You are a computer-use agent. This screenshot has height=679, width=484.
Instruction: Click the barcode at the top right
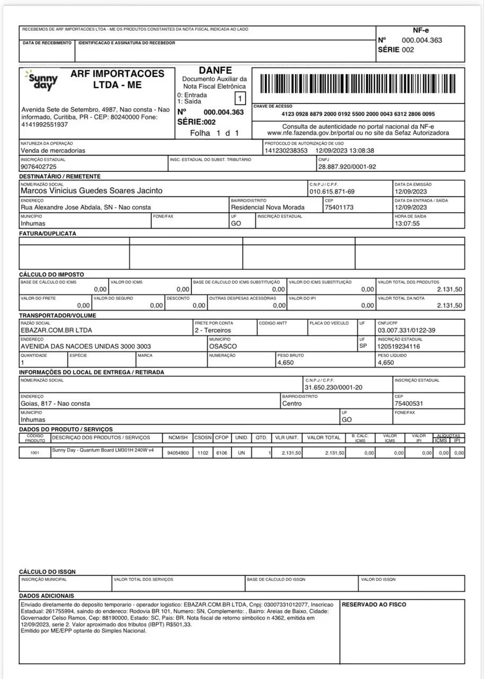(x=358, y=85)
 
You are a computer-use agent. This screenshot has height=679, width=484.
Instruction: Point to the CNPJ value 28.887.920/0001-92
(x=347, y=167)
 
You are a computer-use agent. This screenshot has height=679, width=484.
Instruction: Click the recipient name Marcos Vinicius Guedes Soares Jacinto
(x=91, y=191)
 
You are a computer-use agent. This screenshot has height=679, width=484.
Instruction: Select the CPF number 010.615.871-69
(x=332, y=191)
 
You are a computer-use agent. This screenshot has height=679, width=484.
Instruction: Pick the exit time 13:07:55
(x=407, y=224)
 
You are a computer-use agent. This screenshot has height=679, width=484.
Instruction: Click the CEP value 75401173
(x=339, y=207)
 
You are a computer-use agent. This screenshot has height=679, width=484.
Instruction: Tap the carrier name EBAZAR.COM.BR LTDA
(x=56, y=330)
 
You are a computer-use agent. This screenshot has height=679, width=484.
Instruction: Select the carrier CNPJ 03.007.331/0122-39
(x=407, y=330)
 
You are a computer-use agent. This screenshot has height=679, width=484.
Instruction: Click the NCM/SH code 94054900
(x=178, y=454)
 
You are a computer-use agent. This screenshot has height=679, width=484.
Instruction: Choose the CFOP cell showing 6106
(x=221, y=454)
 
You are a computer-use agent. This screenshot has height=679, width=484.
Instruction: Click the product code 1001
(x=34, y=454)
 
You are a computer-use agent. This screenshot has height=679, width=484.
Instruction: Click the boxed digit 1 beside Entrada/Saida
(x=240, y=98)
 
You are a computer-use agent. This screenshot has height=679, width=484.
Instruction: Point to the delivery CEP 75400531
(x=409, y=404)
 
